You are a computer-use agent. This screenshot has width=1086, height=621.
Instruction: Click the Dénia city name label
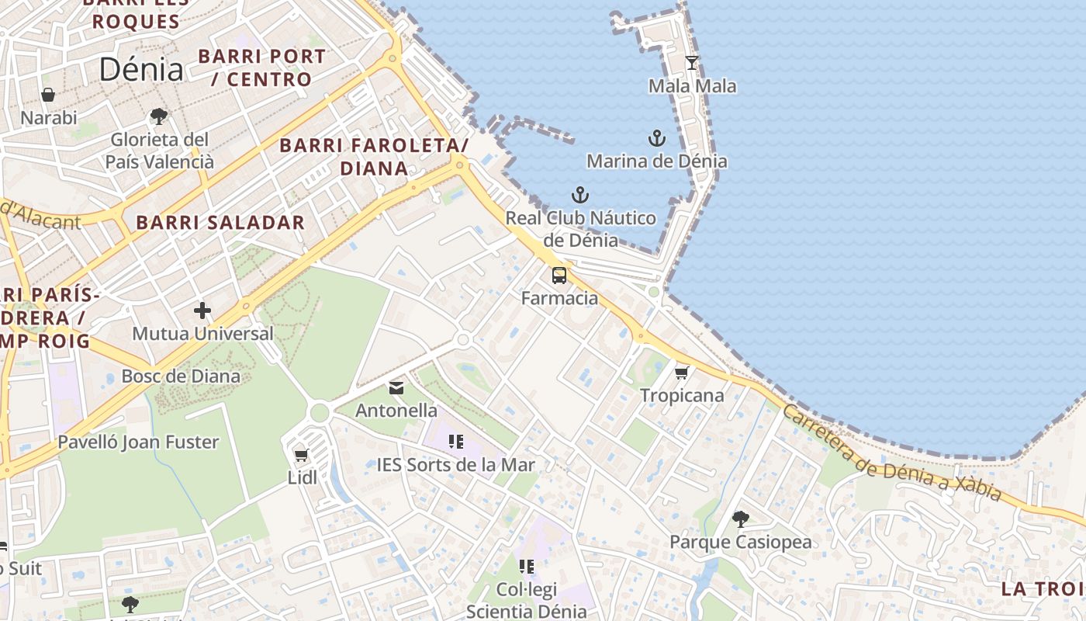141,70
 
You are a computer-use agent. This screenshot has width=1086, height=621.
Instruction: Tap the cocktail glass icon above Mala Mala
692,63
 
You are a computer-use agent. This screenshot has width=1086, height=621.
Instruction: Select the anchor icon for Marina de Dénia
657,139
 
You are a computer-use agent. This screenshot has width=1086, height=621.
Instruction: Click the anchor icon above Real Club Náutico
580,196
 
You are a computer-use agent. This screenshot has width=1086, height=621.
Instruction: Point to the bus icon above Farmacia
559,276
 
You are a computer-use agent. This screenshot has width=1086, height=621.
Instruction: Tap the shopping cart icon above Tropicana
682,373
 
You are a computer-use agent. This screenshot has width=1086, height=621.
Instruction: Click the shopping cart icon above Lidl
302,456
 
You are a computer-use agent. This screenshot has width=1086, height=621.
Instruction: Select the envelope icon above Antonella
396,388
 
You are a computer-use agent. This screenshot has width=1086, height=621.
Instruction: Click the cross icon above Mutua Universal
202,311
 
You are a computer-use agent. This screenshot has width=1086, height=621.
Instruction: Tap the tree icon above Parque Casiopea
741,519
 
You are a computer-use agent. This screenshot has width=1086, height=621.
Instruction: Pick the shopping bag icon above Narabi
48,95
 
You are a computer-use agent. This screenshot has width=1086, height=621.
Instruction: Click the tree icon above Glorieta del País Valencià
159,117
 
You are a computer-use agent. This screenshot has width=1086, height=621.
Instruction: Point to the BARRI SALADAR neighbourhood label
220,223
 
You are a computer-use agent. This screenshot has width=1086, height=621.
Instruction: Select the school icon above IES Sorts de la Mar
456,442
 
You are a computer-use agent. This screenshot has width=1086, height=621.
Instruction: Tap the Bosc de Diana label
181,376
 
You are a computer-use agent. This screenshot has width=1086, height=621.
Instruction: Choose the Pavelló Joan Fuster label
139,442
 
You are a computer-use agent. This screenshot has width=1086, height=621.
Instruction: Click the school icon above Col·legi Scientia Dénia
527,567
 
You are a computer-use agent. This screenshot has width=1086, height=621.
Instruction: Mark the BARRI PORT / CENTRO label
262,68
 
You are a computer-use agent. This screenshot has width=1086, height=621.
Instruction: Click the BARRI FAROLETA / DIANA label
374,157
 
